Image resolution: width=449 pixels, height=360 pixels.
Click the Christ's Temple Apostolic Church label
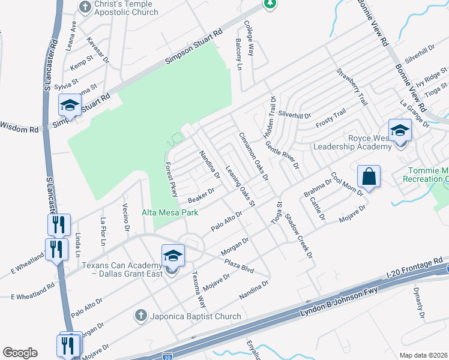coord(127,8)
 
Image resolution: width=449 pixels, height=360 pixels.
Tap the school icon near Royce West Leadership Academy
coord(400,130)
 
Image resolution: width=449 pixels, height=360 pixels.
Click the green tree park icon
coord(270,4)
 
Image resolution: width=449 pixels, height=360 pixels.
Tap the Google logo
coord(20,353)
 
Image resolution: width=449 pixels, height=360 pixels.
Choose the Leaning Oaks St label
coord(240,186)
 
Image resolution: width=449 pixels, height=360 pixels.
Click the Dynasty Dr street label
coord(419,303)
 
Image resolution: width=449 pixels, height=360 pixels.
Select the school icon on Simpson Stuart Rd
coord(70,106)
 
